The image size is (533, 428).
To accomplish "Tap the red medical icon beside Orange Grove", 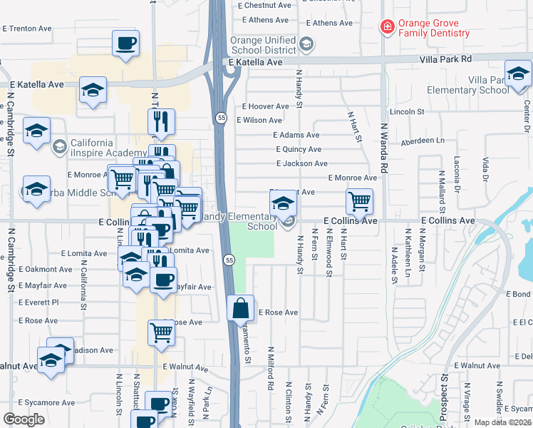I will tap(387, 27).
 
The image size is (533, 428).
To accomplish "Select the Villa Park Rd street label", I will tap(445, 58).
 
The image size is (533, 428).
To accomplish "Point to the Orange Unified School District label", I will tap(262, 44).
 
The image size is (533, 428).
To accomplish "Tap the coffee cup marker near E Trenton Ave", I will tap(125, 44).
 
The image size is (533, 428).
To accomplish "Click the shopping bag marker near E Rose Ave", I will tap(241, 308).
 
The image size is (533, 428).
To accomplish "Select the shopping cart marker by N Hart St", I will tap(360, 201).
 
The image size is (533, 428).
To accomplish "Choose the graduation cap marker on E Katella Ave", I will tap(93, 91).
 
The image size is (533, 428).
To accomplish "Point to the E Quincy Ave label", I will tap(299, 149).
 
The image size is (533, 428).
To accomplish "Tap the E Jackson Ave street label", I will tap(302, 163).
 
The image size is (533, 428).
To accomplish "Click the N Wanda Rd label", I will tap(383, 158).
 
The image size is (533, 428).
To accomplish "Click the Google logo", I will tap(24, 419).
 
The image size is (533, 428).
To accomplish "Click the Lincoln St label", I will tap(407, 112).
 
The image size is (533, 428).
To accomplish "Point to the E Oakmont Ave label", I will tap(46, 270).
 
